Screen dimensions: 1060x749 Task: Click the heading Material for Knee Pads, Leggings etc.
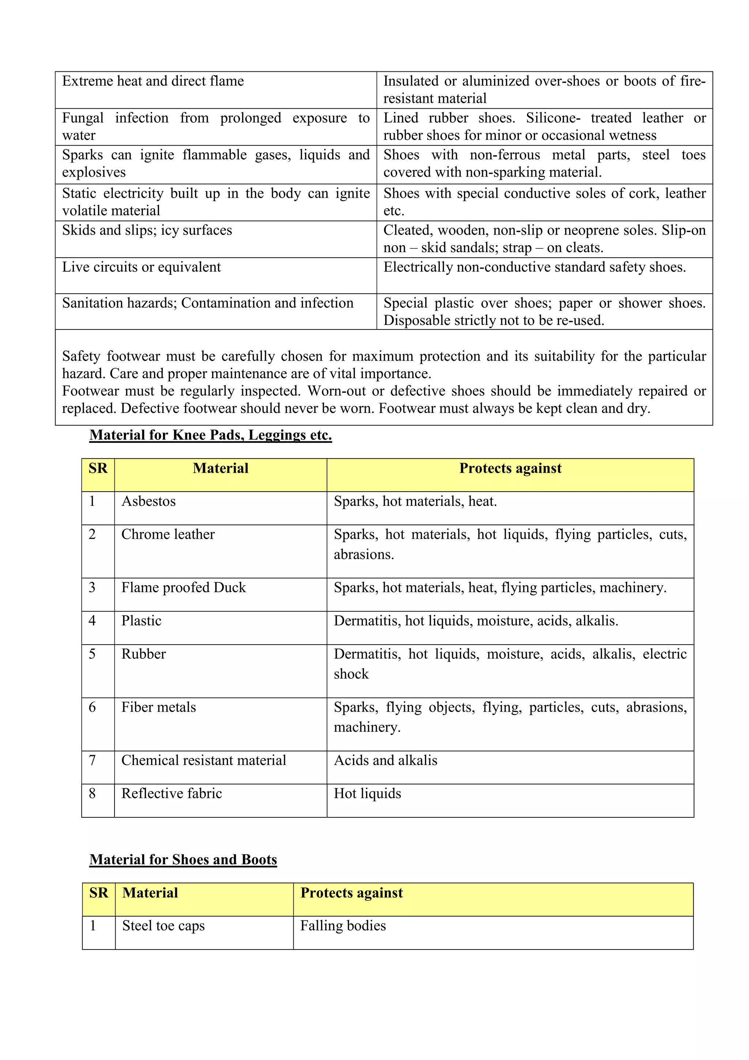[x=210, y=435]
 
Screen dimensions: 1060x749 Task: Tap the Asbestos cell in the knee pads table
[x=148, y=501]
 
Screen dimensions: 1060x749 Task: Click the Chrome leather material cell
[x=168, y=535]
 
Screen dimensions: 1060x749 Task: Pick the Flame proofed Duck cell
[x=184, y=588]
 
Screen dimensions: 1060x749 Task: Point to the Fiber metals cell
[x=159, y=707]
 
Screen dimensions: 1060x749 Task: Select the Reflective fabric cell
[x=172, y=794]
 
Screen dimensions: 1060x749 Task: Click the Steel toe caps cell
[x=163, y=926]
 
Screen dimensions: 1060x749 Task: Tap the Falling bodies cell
[x=343, y=926]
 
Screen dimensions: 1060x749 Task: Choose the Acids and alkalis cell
[x=385, y=760]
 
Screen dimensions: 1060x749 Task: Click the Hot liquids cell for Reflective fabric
[x=368, y=794]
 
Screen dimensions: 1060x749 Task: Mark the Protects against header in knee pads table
[x=510, y=469]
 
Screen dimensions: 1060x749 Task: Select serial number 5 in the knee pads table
[x=92, y=654]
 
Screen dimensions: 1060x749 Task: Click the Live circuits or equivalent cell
[x=142, y=267]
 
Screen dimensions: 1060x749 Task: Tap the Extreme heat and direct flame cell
[x=153, y=81]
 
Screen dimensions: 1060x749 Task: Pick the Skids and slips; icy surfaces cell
[x=147, y=230]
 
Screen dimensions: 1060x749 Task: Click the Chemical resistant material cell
[x=204, y=760]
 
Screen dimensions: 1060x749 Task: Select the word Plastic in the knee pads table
[x=141, y=621]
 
